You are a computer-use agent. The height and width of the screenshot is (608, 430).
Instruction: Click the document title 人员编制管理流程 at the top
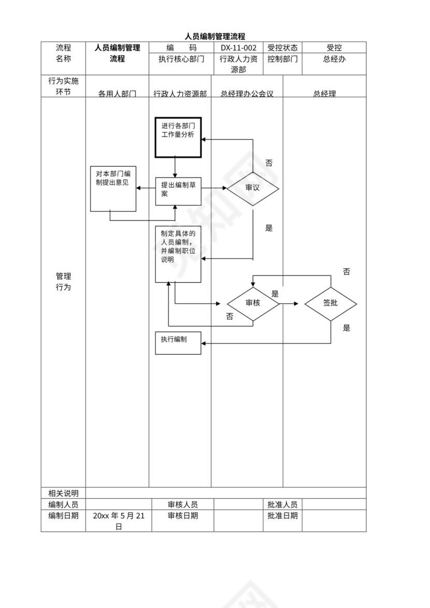point(215,36)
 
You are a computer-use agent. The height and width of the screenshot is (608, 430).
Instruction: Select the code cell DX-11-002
point(238,48)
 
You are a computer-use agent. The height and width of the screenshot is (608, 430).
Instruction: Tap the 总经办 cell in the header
point(334,59)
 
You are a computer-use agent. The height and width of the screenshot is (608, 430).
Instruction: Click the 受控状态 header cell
point(283,48)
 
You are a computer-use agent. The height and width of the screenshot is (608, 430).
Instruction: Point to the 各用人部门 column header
point(117,94)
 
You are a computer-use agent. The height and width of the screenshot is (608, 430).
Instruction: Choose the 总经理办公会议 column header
point(247,94)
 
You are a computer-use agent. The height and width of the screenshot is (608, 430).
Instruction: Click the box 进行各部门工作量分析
point(178,137)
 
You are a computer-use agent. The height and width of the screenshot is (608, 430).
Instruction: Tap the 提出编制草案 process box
point(178,191)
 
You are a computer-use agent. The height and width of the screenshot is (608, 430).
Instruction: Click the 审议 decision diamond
point(253,188)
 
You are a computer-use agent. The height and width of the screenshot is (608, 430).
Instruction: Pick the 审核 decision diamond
point(253,303)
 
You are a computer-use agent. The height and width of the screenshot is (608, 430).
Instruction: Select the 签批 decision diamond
point(331,303)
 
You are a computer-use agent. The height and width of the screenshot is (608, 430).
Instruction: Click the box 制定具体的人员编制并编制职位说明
point(178,254)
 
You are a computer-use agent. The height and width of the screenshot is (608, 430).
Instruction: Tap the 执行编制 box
point(178,343)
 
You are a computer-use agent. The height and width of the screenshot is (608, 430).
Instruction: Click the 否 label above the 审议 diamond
point(269,163)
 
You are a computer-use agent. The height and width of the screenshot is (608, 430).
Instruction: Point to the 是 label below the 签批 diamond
point(347,328)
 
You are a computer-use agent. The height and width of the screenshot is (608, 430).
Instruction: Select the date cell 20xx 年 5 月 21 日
point(119,521)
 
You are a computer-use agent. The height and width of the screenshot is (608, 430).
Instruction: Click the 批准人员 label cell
point(282,504)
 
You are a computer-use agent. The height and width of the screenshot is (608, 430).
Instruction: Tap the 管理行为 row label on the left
point(63,282)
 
